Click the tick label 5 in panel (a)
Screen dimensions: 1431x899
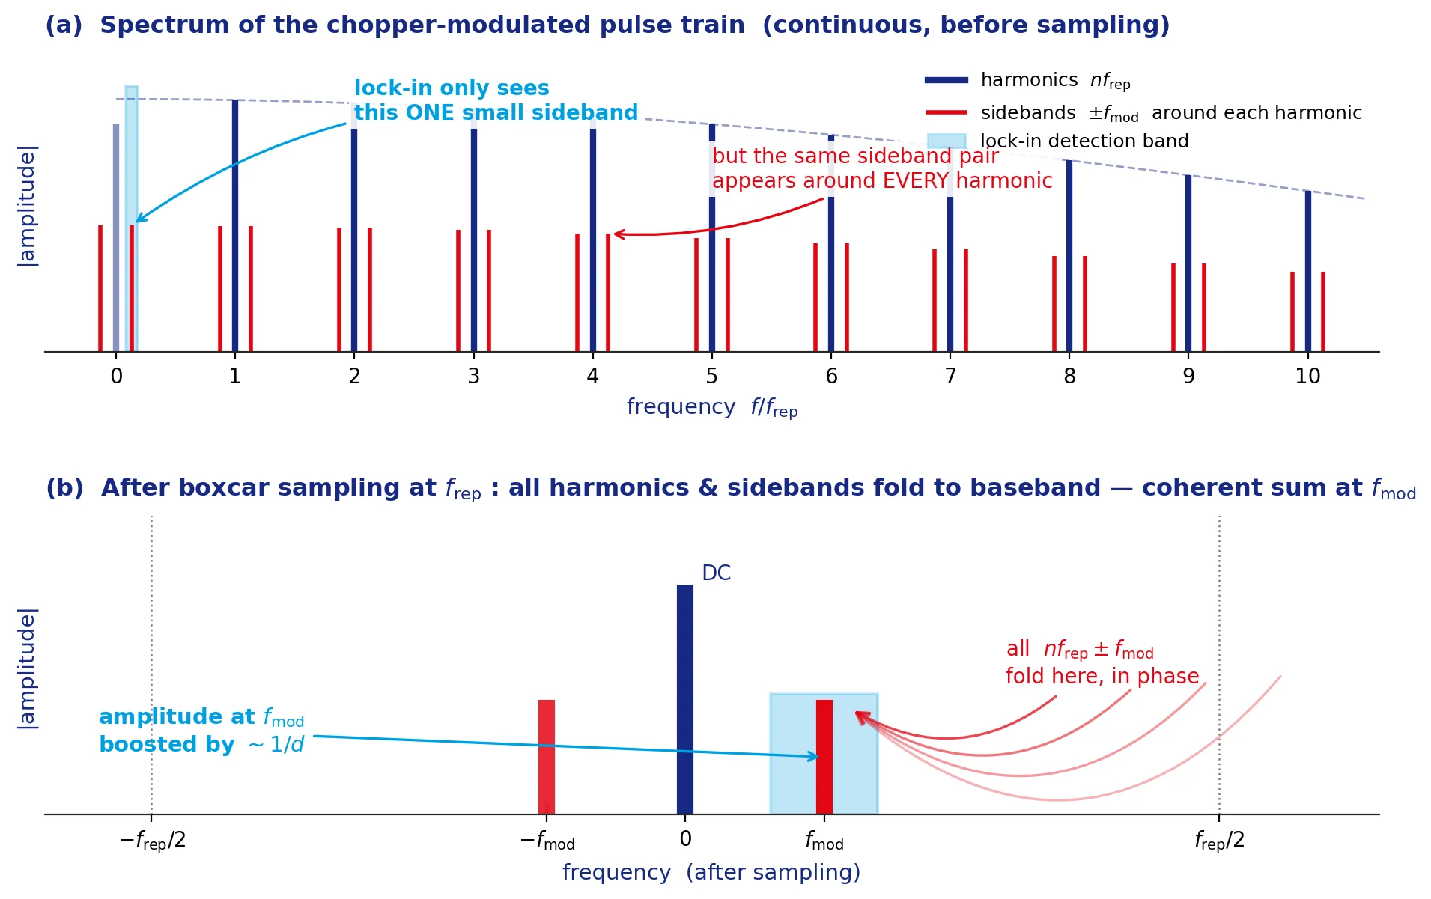[711, 376]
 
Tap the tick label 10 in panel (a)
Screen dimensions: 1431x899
[1307, 376]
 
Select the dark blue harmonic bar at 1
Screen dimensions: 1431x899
[235, 225]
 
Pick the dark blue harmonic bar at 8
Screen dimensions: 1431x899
[1069, 255]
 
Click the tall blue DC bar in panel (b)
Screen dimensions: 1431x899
[685, 699]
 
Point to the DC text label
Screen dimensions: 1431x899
[716, 573]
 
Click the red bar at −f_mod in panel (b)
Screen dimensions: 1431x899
[547, 757]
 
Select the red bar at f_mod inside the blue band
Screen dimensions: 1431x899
[824, 757]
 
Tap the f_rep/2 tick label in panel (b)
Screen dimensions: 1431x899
[1219, 841]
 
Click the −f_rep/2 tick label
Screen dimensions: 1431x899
[152, 841]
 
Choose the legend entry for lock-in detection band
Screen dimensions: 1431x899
[1057, 141]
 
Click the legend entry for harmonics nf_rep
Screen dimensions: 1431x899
[1028, 80]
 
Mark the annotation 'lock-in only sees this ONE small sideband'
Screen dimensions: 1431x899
[496, 100]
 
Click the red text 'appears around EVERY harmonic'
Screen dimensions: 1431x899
[882, 181]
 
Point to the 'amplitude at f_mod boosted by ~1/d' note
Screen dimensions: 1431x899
[201, 731]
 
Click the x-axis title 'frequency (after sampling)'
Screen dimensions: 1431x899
[711, 873]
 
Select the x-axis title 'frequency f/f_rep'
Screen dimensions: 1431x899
[712, 407]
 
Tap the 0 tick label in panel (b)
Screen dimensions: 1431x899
[685, 839]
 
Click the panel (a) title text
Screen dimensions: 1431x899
[607, 25]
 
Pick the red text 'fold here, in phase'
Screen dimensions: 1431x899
[1102, 677]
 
